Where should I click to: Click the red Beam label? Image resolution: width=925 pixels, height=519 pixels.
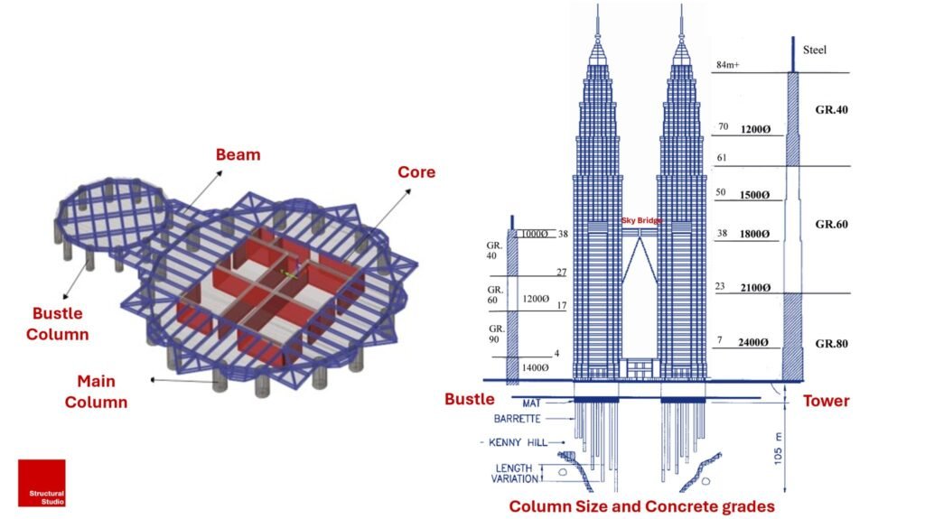point(238,154)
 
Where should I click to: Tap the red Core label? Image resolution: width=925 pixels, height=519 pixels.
point(416,171)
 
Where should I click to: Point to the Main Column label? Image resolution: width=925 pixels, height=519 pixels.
point(96,393)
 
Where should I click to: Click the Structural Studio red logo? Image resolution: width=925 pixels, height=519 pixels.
point(42,483)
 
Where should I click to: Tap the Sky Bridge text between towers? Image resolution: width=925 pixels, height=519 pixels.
point(641,220)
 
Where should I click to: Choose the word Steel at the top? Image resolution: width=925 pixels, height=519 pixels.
point(815,51)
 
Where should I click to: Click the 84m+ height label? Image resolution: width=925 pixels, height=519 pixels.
point(728,65)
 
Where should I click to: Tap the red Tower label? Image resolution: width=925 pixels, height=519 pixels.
point(827,400)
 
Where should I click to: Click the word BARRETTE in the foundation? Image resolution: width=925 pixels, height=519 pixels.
point(518,419)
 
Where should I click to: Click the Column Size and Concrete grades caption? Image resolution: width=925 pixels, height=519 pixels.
point(641,505)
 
